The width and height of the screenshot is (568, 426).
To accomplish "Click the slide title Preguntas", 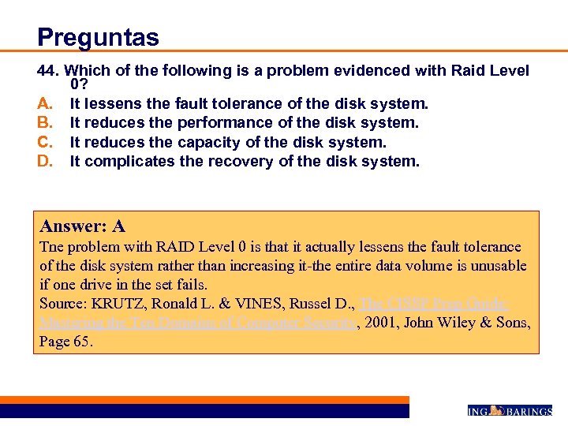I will click(98, 37).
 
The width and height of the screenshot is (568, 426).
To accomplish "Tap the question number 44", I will click(50, 70).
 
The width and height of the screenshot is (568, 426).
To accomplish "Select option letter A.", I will click(44, 103).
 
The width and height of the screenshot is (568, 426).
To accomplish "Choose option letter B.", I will click(44, 123).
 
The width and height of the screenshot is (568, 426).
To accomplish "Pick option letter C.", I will click(44, 142).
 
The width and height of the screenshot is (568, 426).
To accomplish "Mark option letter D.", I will click(44, 162).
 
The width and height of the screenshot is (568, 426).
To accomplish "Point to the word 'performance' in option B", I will click(226, 123).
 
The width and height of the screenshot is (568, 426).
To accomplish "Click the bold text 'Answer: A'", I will click(82, 226).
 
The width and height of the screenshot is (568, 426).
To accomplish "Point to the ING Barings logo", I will click(509, 411).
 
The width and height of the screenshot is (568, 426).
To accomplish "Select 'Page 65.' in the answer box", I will click(66, 342).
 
